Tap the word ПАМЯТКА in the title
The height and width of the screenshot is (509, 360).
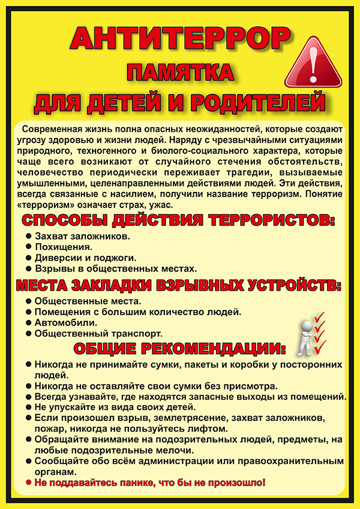(179, 74)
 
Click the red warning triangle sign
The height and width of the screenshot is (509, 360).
(313, 60)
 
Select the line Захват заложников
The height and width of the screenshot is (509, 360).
(82, 236)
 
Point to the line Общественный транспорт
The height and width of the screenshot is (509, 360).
(98, 333)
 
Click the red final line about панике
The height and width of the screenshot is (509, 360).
(149, 482)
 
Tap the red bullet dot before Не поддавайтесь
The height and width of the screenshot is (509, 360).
(28, 482)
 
